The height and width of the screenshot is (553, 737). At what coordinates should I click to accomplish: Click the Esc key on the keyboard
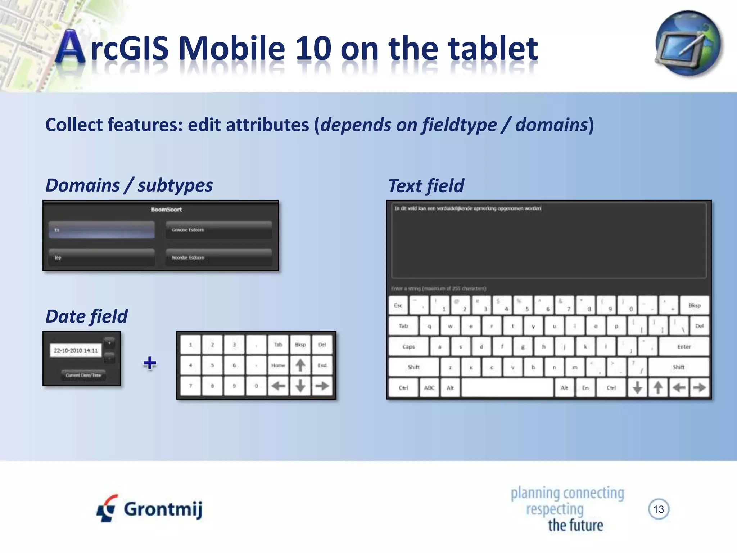(398, 305)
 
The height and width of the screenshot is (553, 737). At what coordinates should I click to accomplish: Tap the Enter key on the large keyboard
(684, 346)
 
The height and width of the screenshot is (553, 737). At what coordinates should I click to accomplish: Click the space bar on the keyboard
(507, 388)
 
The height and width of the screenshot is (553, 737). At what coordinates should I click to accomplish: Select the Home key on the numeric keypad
(278, 365)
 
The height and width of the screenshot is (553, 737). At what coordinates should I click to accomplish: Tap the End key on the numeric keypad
(322, 365)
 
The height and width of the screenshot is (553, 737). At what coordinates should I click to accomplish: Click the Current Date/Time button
(83, 375)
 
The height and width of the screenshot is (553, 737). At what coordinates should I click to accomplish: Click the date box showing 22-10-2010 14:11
(76, 350)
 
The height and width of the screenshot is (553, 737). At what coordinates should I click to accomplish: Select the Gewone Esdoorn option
(218, 230)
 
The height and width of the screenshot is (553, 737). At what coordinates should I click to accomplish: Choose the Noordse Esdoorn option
(218, 257)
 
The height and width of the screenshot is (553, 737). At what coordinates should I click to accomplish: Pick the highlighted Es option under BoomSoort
(102, 230)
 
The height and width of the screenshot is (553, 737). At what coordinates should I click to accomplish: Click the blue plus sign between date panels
(150, 363)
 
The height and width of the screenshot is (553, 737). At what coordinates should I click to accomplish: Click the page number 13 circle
(659, 509)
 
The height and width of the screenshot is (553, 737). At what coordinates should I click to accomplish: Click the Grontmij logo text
(163, 509)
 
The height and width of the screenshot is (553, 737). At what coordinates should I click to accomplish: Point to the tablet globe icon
(688, 43)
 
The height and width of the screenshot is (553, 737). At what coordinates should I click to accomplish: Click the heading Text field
(426, 186)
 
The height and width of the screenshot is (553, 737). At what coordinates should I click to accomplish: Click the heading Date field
(86, 316)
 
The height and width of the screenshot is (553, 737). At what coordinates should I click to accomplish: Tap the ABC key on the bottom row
(429, 388)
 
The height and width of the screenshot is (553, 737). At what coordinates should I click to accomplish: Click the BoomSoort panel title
(166, 209)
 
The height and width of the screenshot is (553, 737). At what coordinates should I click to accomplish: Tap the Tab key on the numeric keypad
(278, 345)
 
